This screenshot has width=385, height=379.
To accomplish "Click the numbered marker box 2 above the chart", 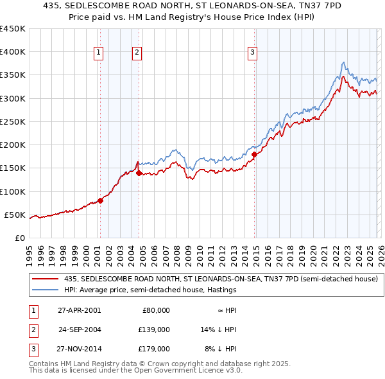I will coord(137,53).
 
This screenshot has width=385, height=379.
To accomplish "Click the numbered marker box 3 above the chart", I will coord(253,53).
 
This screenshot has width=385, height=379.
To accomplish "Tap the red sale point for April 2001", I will coord(101,200).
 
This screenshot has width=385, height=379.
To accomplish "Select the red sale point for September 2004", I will coord(139,173).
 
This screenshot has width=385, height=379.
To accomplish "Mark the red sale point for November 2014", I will coord(254,154).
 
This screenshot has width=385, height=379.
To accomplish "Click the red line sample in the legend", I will coord(46,279).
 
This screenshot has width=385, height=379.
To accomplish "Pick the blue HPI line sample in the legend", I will coord(46,290).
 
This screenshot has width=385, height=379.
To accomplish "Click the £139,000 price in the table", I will coord(154,330).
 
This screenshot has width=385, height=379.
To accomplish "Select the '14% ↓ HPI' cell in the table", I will coord(219,330).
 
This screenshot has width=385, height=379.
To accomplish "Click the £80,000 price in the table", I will coord(156,310).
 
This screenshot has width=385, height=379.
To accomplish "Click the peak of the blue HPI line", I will coord(344,62).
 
